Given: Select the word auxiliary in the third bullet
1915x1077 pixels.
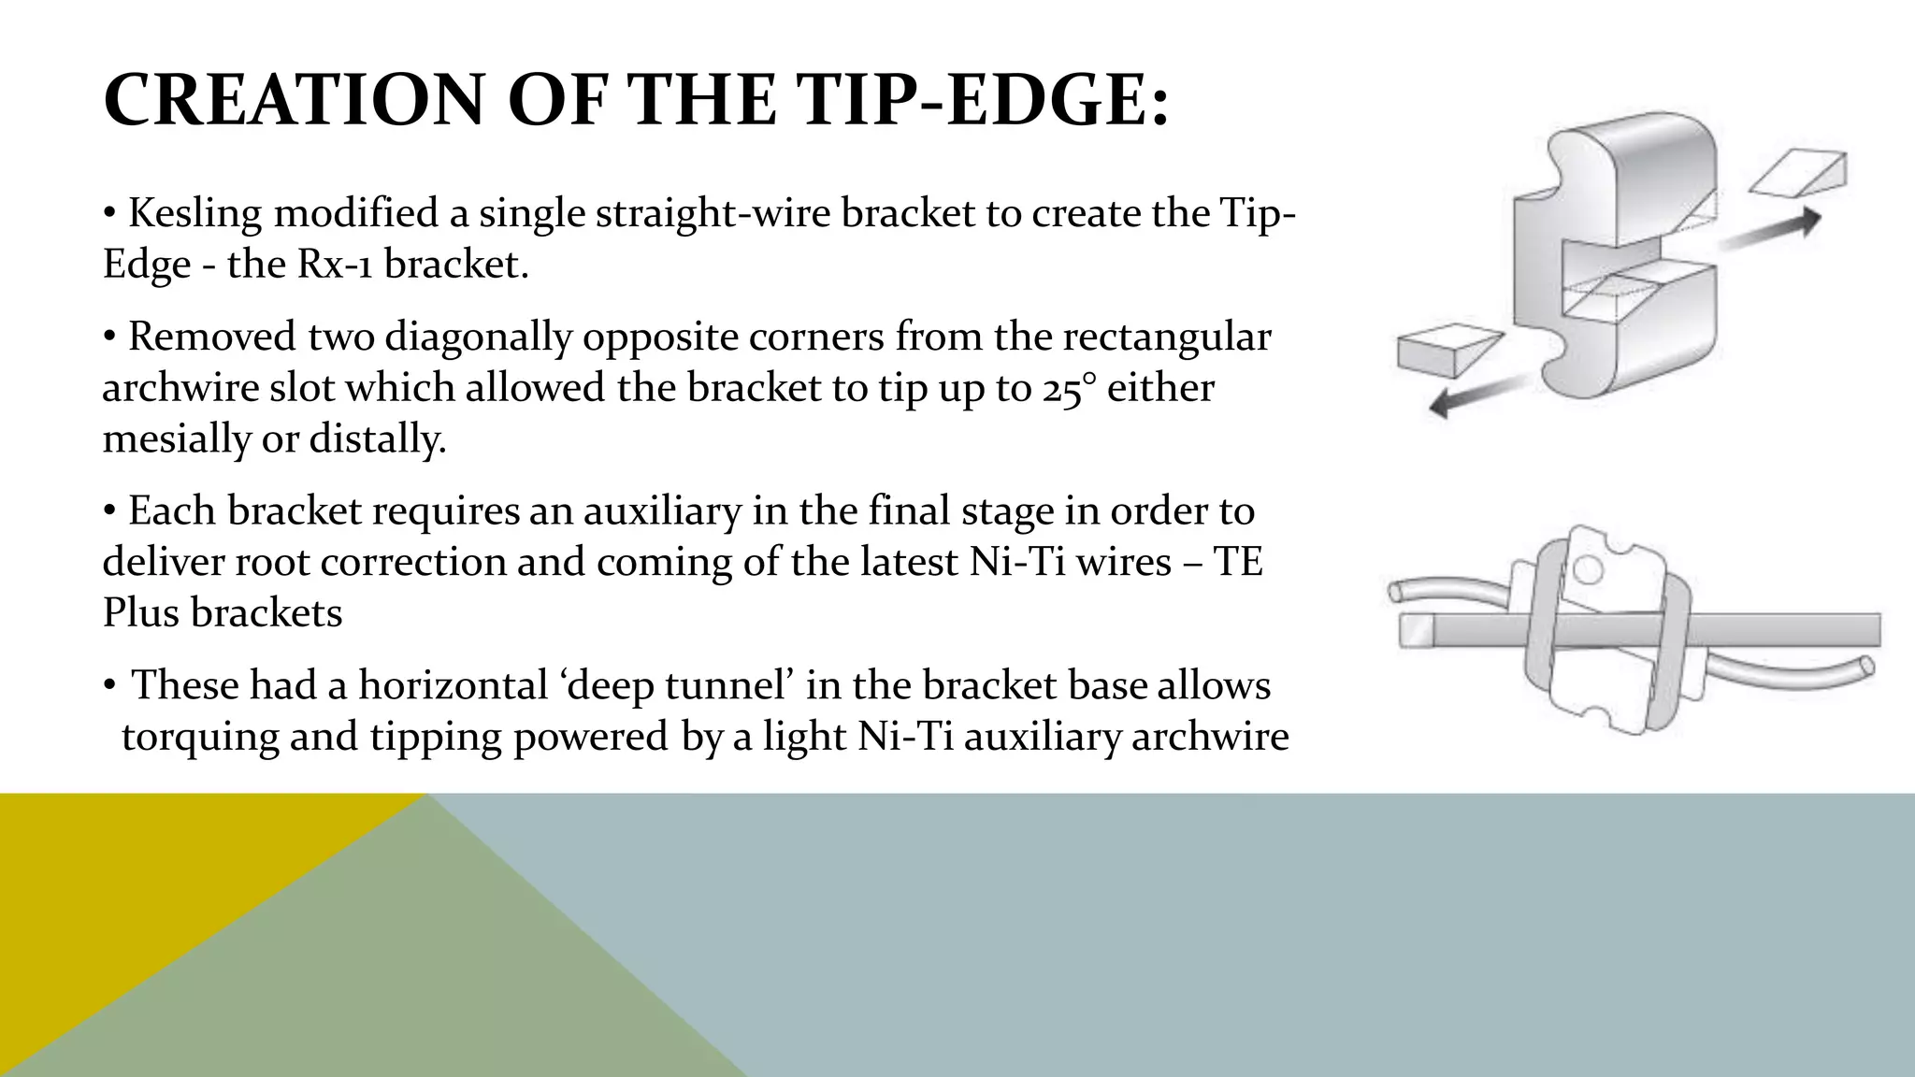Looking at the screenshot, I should click(661, 511).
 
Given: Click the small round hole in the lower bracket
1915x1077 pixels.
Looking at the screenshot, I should click(1587, 567).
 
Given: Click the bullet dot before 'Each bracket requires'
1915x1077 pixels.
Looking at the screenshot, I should click(110, 511).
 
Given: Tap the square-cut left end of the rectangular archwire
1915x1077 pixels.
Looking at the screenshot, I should click(1415, 631).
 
